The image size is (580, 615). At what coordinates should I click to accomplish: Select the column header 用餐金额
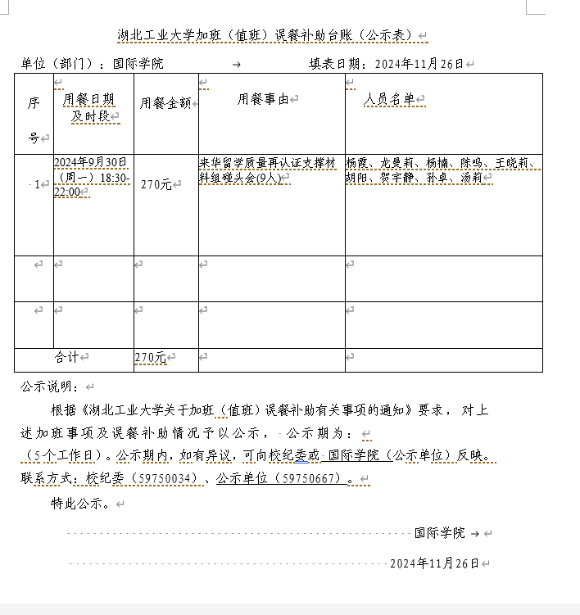point(165,103)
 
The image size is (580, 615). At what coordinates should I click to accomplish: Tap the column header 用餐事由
point(263,99)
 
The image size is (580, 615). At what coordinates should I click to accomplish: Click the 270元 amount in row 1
point(156,185)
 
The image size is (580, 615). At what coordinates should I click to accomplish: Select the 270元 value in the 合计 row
point(150,358)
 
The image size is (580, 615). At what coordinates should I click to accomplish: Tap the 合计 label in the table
point(67,358)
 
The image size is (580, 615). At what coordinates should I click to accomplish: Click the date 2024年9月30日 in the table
point(90,162)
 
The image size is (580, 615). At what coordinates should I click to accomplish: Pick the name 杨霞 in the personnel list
point(358,162)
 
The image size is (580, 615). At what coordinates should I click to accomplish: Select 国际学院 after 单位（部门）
point(138,63)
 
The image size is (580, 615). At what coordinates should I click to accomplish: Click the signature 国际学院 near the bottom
point(439,532)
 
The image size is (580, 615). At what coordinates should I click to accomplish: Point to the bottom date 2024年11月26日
point(433,563)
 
